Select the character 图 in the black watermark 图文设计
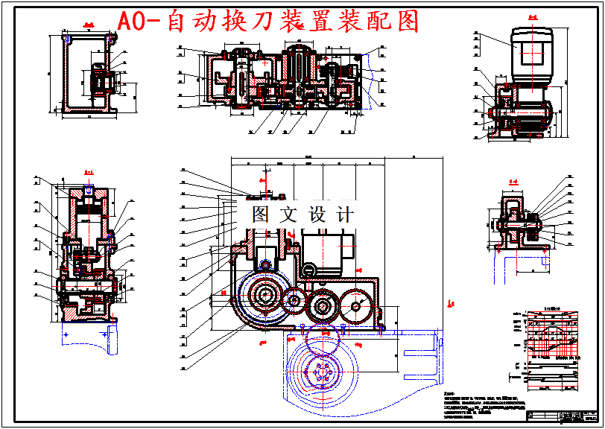(262, 214)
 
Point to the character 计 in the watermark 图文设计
(345, 214)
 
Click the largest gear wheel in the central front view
(263, 296)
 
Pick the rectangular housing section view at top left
(88, 73)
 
